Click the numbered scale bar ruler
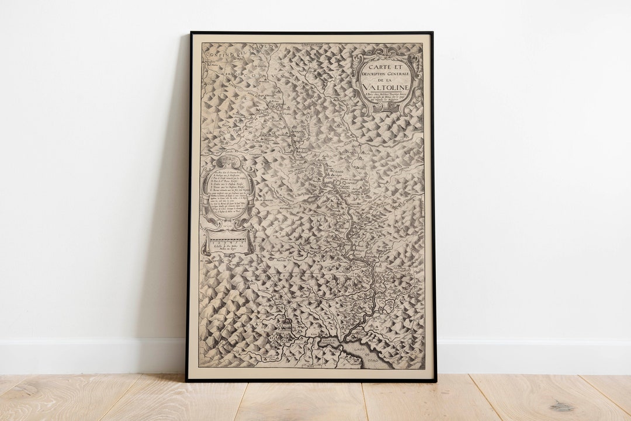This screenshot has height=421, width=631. pos(228,239)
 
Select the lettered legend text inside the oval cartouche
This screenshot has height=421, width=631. pos(228,193)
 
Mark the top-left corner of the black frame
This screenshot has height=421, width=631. pos(190,33)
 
